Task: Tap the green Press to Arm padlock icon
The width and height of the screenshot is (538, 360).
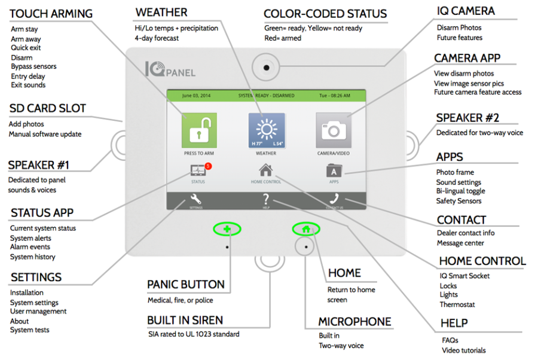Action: pos(199,130)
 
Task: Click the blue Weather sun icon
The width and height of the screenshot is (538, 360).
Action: pos(267,130)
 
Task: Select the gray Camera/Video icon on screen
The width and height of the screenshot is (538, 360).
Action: pos(334,130)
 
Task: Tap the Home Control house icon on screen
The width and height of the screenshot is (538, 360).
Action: pos(266,170)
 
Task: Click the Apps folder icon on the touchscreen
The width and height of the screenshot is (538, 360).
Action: pos(334,171)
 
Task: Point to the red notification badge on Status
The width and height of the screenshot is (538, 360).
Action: pos(207,166)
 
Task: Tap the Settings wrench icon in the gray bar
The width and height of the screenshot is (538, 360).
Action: pos(196,200)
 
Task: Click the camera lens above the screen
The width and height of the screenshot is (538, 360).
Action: pos(266,68)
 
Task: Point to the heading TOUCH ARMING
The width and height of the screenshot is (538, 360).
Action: pos(51,14)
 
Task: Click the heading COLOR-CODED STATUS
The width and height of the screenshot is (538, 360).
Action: pos(325,14)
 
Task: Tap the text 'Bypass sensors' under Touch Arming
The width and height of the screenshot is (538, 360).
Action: pos(33,66)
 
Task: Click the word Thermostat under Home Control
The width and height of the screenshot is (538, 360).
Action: pos(457,304)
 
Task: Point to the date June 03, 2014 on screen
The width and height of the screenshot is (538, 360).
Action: pos(197,95)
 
